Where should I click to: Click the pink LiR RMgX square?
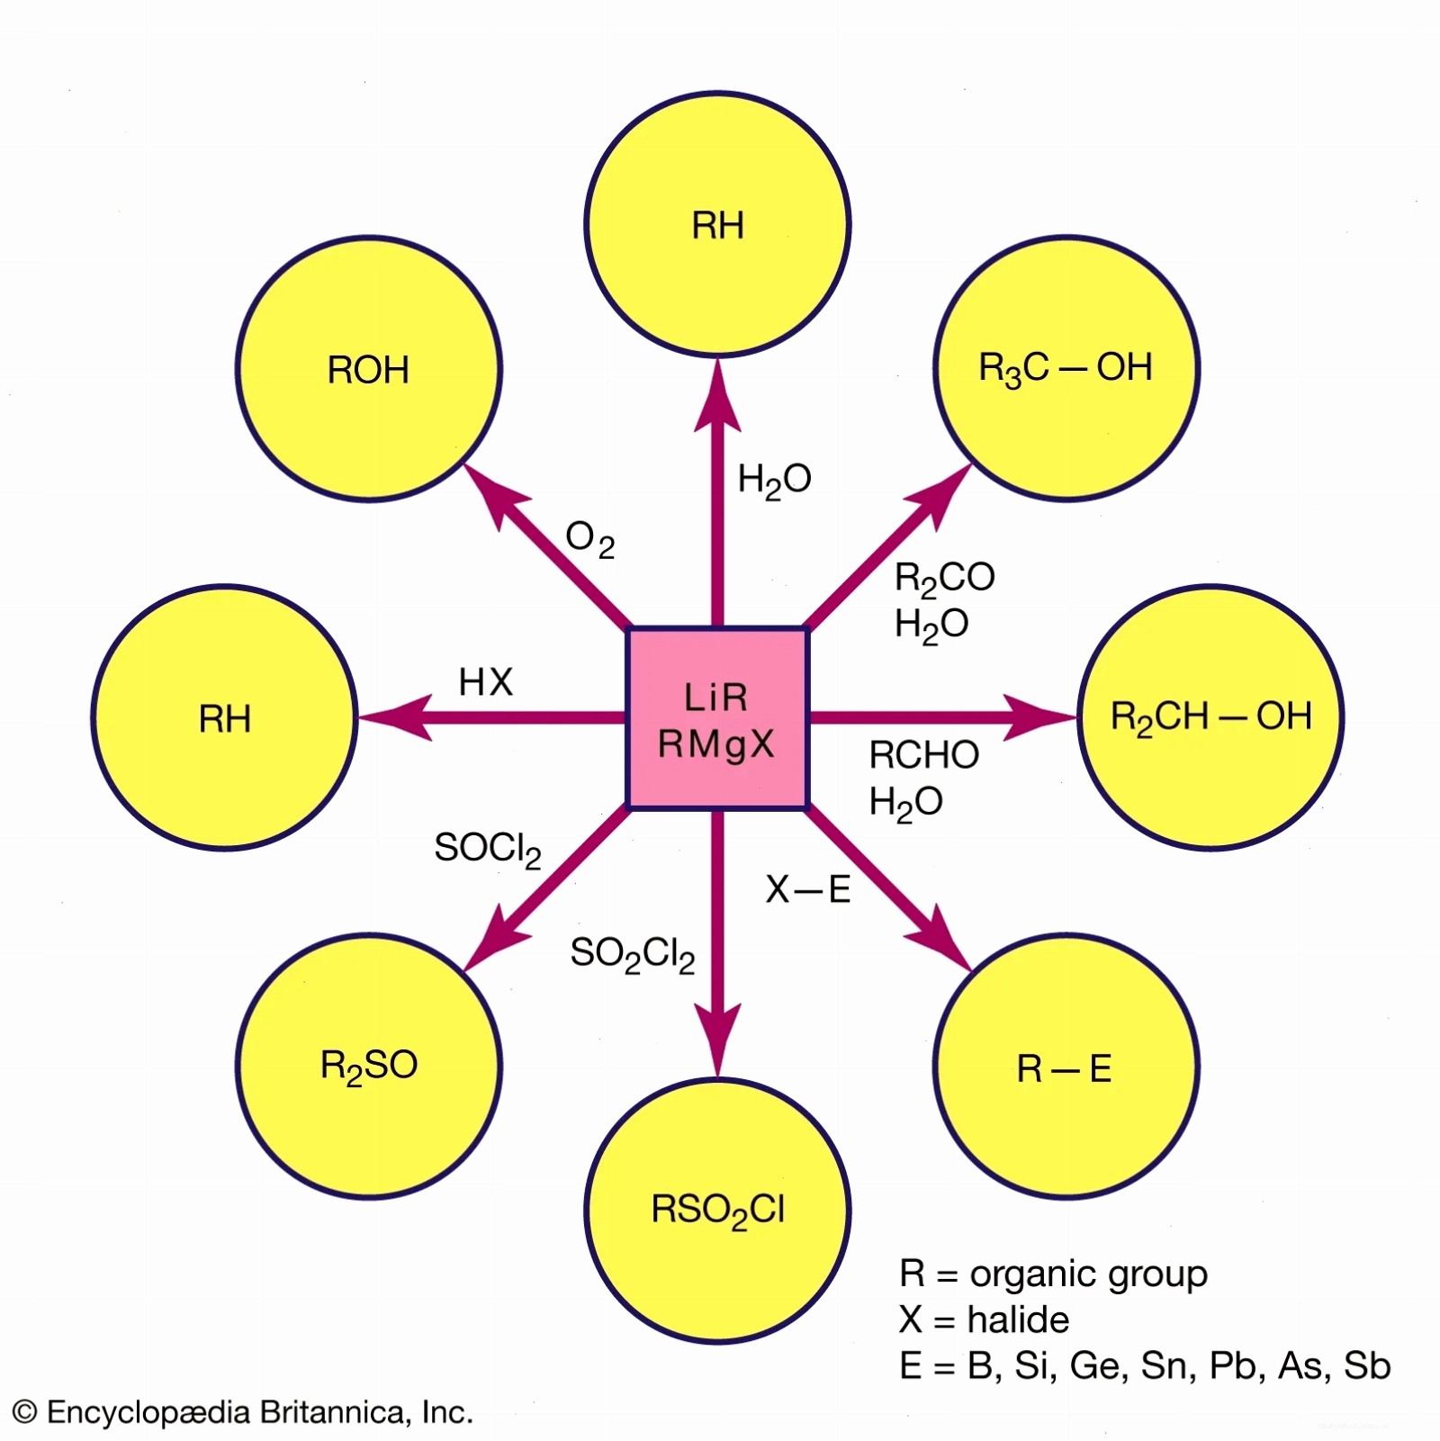[717, 717]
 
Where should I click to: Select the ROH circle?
[369, 368]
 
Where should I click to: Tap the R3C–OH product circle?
[1066, 368]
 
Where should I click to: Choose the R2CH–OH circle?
[1210, 717]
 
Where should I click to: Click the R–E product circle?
[1066, 1067]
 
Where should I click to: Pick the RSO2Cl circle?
[717, 1211]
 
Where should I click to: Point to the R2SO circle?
[369, 1067]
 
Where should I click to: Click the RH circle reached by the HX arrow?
[225, 717]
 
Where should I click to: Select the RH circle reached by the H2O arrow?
[717, 224]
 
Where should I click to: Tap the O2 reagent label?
[590, 540]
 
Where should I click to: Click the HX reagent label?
[486, 682]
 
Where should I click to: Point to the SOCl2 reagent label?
[488, 849]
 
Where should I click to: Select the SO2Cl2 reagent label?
[633, 954]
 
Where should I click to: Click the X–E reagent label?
[808, 889]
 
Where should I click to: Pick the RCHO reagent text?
[924, 755]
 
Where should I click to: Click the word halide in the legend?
[1019, 1319]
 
